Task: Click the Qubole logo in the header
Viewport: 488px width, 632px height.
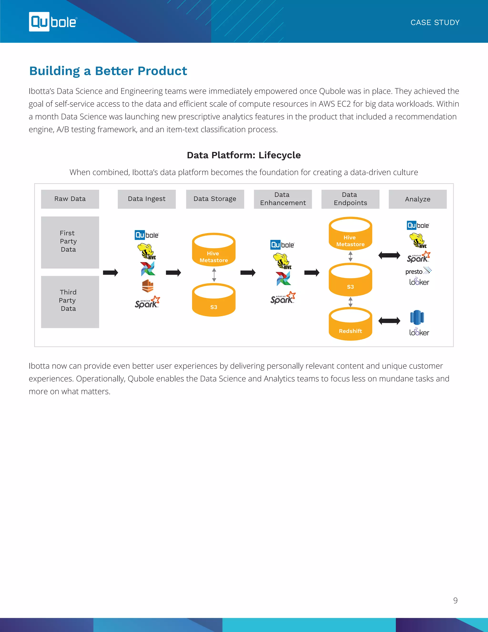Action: click(53, 22)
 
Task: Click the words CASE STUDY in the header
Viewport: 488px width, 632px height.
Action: click(435, 23)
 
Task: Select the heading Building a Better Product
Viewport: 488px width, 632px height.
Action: click(108, 71)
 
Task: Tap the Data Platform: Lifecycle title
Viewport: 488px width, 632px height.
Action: click(244, 155)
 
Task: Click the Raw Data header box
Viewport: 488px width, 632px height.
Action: click(70, 199)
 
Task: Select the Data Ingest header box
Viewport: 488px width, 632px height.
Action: click(147, 199)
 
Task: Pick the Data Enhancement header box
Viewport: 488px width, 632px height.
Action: click(283, 199)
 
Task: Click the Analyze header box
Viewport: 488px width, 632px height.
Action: click(417, 199)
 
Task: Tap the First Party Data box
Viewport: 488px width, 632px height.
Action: click(70, 242)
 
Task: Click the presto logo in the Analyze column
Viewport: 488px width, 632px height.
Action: click(418, 271)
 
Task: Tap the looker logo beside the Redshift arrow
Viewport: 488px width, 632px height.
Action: click(419, 332)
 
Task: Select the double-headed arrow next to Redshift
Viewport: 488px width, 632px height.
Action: click(389, 321)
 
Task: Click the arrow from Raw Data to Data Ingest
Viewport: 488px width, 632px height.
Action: click(110, 273)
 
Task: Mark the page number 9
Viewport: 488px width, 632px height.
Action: click(455, 601)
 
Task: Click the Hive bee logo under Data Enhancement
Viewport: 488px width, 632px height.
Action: click(282, 261)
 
